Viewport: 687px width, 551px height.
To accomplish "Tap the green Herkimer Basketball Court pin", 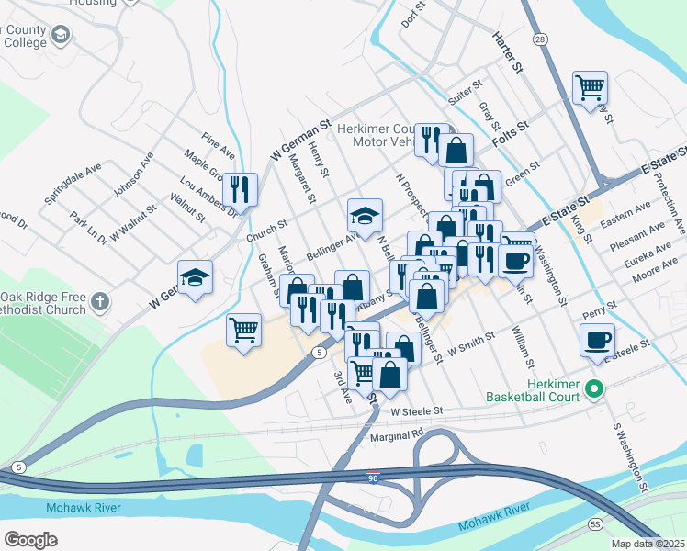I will pos(594,389).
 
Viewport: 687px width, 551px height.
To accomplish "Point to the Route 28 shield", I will pos(541,39).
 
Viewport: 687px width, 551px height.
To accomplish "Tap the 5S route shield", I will pos(594,523).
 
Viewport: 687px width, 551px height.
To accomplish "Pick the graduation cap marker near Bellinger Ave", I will pos(365,217).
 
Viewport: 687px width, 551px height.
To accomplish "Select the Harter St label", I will pos(506,52).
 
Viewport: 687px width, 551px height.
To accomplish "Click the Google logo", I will pos(30,539).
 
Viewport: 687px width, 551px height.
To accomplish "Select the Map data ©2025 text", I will pos(648,544).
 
